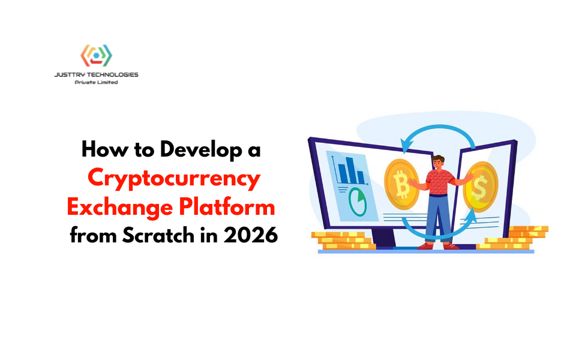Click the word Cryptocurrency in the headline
(x=174, y=179)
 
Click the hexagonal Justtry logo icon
(x=97, y=55)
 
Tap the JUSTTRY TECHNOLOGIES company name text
(x=97, y=75)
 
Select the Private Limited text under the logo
(x=97, y=82)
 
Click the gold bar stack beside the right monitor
(x=516, y=238)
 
